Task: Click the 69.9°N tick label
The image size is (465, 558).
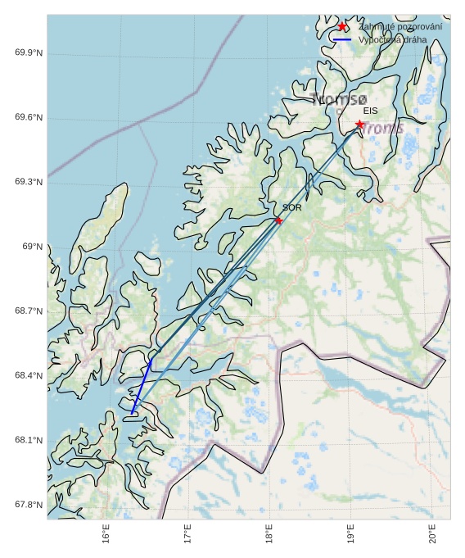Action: tap(29, 53)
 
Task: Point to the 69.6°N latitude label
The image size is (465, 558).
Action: tap(29, 118)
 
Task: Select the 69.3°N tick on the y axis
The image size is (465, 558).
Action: tap(29, 182)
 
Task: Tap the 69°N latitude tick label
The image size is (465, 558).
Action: tap(32, 247)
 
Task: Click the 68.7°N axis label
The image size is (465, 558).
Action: tap(29, 311)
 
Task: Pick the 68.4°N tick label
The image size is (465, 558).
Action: tap(29, 376)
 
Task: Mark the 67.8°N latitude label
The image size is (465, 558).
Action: tap(29, 505)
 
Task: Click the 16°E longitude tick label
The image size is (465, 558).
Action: tap(106, 533)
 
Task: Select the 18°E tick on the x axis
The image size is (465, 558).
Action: tap(269, 533)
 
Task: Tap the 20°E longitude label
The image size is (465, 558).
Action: tap(432, 533)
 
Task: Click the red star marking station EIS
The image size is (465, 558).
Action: tap(359, 125)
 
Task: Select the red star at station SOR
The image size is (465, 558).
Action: tap(278, 220)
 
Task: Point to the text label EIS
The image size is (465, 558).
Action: tap(371, 111)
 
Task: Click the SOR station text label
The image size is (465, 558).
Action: tap(291, 208)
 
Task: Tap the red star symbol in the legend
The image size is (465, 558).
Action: tap(342, 27)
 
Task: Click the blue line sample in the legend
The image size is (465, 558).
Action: tap(342, 39)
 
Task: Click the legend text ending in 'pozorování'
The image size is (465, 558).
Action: tap(400, 27)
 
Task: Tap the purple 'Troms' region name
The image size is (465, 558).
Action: tap(382, 129)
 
